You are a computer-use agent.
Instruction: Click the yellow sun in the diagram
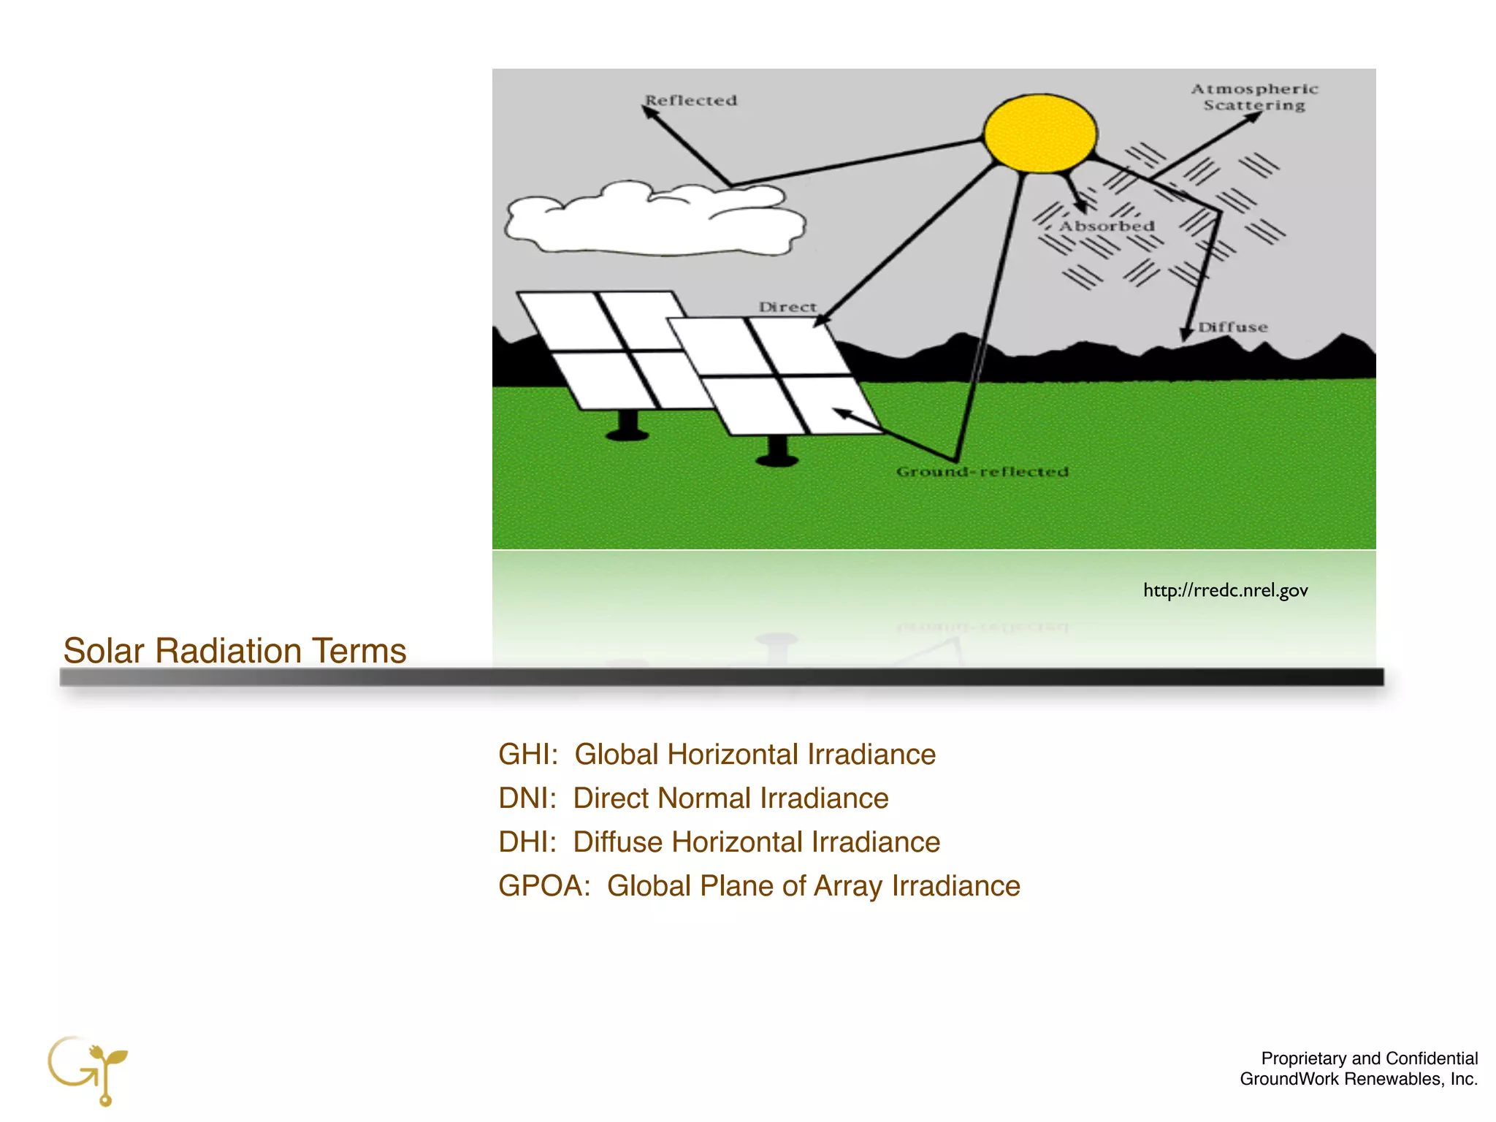point(1039,134)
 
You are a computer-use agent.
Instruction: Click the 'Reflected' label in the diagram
point(691,101)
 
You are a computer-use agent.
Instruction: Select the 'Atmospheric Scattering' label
point(1254,97)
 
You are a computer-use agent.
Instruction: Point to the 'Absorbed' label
point(1107,226)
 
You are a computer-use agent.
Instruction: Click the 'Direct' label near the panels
point(787,308)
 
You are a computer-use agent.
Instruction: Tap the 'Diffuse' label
point(1233,327)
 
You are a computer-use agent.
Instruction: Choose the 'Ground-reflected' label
point(982,472)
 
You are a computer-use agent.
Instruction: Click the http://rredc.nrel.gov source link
point(1225,590)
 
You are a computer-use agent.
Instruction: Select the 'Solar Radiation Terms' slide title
point(234,651)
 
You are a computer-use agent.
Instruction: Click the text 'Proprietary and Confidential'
point(1369,1058)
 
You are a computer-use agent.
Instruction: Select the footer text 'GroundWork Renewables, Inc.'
point(1359,1079)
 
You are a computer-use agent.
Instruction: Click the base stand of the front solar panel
point(777,451)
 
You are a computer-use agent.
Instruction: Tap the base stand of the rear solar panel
point(627,426)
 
